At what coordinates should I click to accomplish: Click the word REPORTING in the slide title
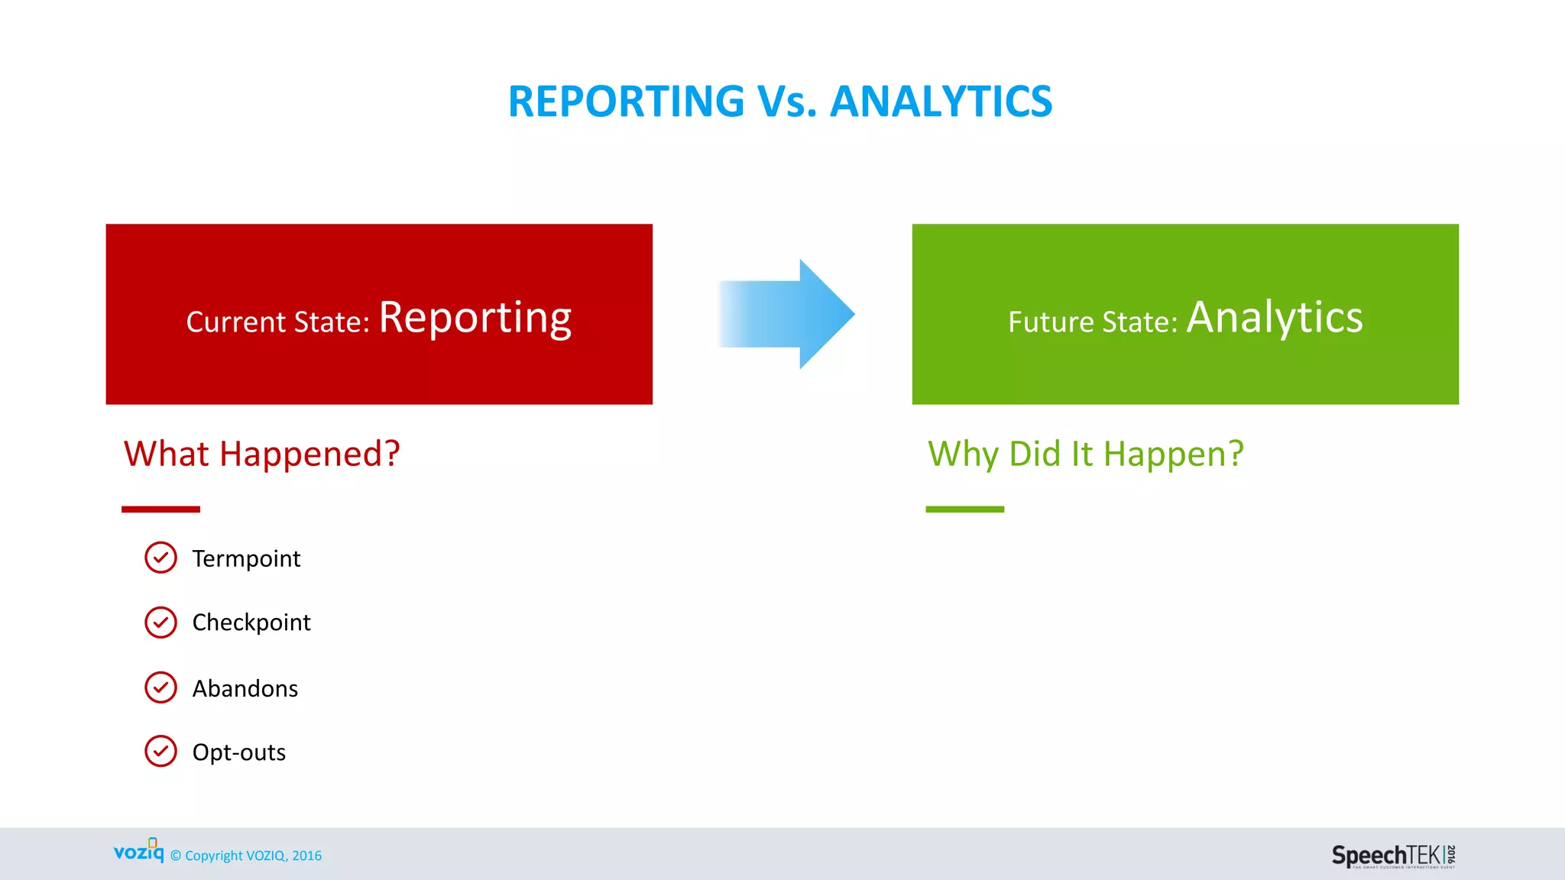pos(626,102)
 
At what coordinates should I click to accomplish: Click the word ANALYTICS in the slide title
pos(941,102)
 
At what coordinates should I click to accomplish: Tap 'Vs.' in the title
pos(787,102)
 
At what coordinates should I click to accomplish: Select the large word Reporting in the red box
pos(475,318)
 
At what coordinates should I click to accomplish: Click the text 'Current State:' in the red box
pos(277,322)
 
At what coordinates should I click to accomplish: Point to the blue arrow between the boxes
pos(787,314)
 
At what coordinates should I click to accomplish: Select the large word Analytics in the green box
pos(1274,318)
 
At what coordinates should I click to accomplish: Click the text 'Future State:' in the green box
pos(1093,322)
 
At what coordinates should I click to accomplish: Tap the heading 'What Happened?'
pos(261,454)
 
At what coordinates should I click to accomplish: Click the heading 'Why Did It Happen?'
pos(1085,454)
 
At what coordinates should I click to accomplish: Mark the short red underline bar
pos(160,509)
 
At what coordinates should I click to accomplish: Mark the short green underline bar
pos(964,509)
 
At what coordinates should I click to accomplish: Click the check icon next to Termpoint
pos(160,558)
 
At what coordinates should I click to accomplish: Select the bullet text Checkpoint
pos(251,623)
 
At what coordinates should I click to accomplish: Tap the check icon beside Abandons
pos(160,687)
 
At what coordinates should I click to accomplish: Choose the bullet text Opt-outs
pos(238,752)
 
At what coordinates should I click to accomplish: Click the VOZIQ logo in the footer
pos(138,851)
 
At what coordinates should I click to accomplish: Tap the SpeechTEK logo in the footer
pos(1393,856)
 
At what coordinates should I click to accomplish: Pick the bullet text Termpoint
pos(246,558)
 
